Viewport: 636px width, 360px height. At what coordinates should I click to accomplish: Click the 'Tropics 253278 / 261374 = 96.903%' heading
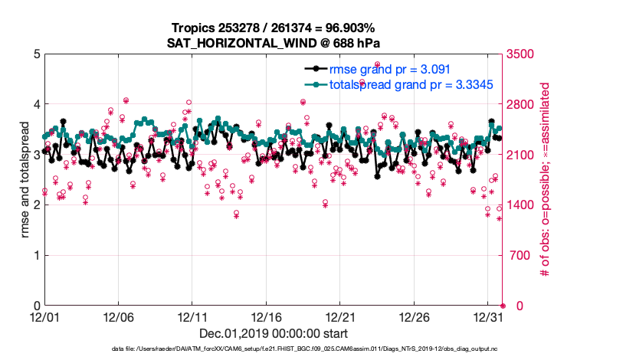pyautogui.click(x=274, y=28)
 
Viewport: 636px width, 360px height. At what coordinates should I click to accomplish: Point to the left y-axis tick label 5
pyautogui.click(x=37, y=54)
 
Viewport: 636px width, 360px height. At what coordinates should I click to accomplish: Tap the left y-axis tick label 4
pyautogui.click(x=37, y=104)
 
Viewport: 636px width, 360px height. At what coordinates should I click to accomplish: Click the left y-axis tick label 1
pyautogui.click(x=37, y=255)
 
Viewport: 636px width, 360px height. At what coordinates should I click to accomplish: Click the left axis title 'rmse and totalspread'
pyautogui.click(x=25, y=179)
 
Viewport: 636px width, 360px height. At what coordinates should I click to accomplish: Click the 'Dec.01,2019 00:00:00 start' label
pyautogui.click(x=274, y=333)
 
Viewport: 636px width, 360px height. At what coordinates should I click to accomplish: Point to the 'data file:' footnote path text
pyautogui.click(x=304, y=349)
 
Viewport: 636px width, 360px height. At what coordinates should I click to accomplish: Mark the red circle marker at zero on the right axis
pyautogui.click(x=503, y=306)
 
